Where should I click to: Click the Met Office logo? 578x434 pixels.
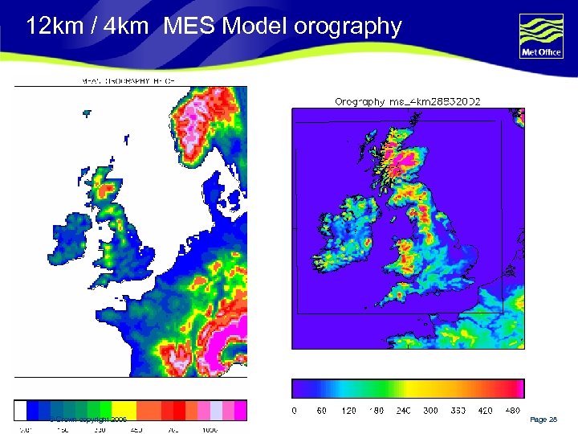pos(541,36)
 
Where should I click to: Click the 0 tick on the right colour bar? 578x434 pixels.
pos(294,411)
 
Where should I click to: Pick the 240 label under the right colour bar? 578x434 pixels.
pos(403,411)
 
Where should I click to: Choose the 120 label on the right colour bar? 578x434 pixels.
pos(348,411)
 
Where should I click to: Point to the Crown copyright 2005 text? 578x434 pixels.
pos(88,420)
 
